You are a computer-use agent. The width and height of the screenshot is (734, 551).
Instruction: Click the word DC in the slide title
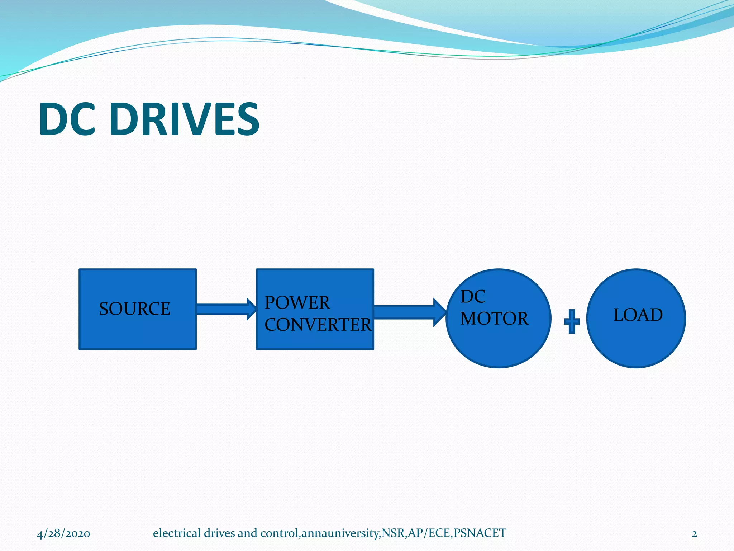[x=67, y=119]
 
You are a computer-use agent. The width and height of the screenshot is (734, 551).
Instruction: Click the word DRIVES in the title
[x=185, y=119]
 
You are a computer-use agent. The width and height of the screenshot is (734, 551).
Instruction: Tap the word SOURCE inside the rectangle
[x=134, y=309]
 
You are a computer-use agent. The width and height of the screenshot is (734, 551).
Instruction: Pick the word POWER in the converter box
[x=297, y=303]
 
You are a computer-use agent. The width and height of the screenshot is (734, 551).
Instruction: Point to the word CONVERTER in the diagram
[x=318, y=325]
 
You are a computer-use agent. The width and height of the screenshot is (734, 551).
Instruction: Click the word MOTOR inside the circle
[x=494, y=319]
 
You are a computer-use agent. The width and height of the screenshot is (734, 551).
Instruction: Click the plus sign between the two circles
[x=572, y=321]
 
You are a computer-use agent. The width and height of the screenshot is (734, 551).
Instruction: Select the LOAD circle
[x=636, y=344]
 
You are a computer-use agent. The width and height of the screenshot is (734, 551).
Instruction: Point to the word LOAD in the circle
[x=638, y=315]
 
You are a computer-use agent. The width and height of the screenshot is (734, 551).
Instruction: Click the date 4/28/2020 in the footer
[x=63, y=534]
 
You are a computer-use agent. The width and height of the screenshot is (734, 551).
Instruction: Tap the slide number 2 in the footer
[x=694, y=534]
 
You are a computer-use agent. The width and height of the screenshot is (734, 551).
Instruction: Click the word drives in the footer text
[x=219, y=533]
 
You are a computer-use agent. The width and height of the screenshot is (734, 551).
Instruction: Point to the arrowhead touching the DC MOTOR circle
[x=440, y=312]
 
